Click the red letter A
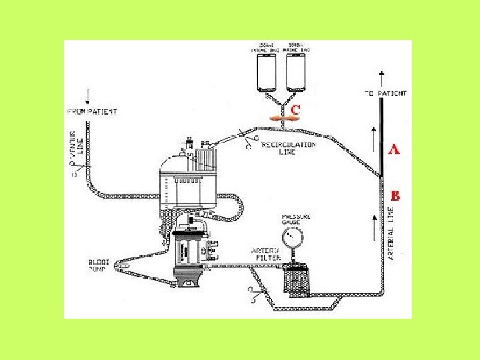394,149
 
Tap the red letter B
395,196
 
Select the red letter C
295,108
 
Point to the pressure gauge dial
291,237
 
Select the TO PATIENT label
385,94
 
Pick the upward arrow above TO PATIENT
381,77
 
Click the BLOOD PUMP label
99,266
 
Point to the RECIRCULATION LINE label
289,147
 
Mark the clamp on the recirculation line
251,142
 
